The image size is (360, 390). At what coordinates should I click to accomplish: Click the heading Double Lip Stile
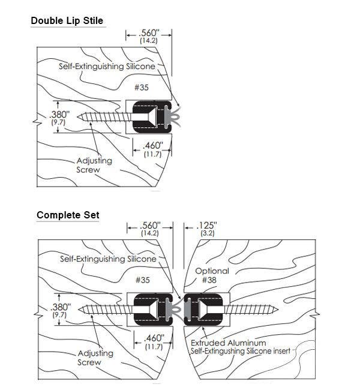pos(67,21)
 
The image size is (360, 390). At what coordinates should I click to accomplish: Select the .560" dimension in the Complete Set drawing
pos(149,228)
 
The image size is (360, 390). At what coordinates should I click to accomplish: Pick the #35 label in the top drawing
pos(142,87)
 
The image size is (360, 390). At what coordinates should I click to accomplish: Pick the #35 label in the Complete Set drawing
pos(142,280)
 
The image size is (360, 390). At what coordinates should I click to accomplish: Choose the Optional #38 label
pos(211,275)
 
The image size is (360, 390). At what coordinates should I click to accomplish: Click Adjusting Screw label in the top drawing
pos(94,165)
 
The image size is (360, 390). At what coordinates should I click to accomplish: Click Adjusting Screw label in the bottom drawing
pos(94,358)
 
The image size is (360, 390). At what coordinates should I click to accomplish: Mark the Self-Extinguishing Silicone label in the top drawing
pos(107,66)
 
